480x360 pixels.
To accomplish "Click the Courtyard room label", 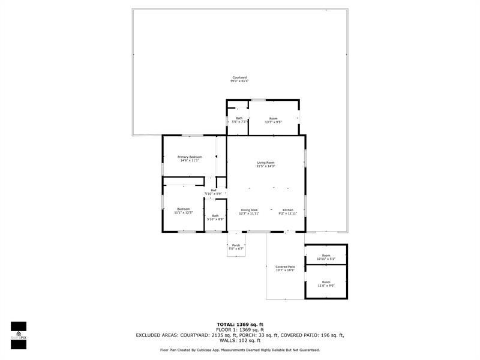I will pyautogui.click(x=239, y=77).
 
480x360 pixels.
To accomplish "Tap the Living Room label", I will pyautogui.click(x=265, y=163).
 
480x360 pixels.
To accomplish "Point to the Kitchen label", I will pyautogui.click(x=287, y=210).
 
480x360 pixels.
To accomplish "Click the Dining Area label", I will pyautogui.click(x=249, y=210).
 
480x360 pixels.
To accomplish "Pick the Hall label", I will pyautogui.click(x=213, y=190).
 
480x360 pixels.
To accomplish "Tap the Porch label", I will pyautogui.click(x=236, y=245).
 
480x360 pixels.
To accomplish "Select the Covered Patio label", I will pyautogui.click(x=285, y=266).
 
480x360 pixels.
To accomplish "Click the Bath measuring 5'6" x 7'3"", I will pyautogui.click(x=239, y=120).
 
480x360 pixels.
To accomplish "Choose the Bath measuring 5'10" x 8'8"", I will pyautogui.click(x=215, y=218).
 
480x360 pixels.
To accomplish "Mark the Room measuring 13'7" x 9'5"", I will pyautogui.click(x=273, y=120).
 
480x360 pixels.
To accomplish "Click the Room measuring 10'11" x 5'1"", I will pyautogui.click(x=326, y=257).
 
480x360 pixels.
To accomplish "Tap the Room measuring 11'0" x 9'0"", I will pyautogui.click(x=326, y=284).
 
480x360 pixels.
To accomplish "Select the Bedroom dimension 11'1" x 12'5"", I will pyautogui.click(x=183, y=212).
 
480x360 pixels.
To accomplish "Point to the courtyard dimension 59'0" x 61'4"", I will pyautogui.click(x=239, y=81).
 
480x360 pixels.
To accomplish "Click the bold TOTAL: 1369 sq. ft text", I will pyautogui.click(x=239, y=324).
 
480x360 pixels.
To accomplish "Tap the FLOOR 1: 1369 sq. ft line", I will pyautogui.click(x=239, y=329).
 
